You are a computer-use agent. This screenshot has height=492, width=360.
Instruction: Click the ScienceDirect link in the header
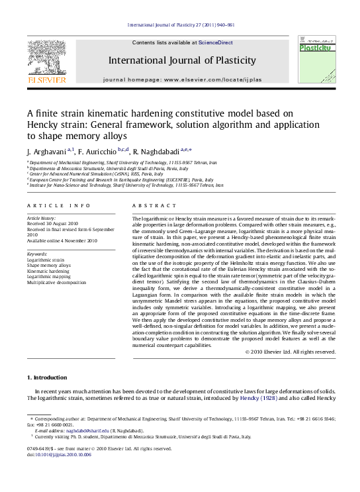click(216, 42)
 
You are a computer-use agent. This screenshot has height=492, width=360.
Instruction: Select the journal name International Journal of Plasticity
click(182, 61)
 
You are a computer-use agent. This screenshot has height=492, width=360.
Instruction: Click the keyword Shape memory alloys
click(46, 266)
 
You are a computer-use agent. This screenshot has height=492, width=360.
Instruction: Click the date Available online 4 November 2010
click(62, 240)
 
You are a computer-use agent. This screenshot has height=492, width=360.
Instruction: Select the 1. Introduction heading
click(46, 377)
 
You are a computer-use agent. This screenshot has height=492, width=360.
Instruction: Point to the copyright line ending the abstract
click(290, 352)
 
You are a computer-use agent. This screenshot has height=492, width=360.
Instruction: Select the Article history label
click(41, 218)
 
